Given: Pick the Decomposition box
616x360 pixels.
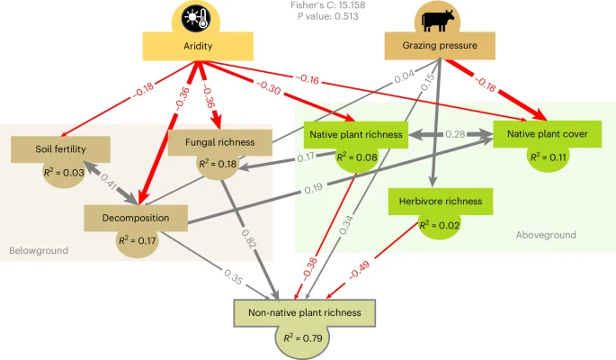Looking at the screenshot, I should tap(138, 217).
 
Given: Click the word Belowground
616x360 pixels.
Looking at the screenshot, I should tap(39, 249).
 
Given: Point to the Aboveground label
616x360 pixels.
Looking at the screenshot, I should tap(546, 235).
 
